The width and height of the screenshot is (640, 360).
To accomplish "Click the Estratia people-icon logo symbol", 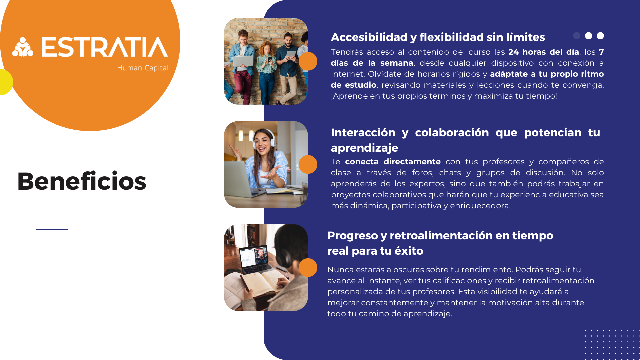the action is pyautogui.click(x=23, y=47).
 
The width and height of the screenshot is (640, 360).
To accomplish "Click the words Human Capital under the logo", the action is pyautogui.click(x=143, y=68).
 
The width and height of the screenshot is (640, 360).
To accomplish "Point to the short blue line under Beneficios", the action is pyautogui.click(x=52, y=229).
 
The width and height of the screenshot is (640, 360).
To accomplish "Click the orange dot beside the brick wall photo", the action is pyautogui.click(x=308, y=61).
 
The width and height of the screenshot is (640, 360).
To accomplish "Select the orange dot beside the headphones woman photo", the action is pyautogui.click(x=308, y=164).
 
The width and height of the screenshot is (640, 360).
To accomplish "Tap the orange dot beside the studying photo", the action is pyautogui.click(x=308, y=268).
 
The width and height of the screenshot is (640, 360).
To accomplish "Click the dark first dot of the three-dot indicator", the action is pyautogui.click(x=577, y=36).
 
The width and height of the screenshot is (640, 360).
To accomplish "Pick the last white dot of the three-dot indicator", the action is pyautogui.click(x=600, y=36).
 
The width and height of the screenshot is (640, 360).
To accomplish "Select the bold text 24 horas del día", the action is pyautogui.click(x=544, y=52).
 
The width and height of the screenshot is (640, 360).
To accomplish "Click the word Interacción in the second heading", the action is pyautogui.click(x=363, y=132).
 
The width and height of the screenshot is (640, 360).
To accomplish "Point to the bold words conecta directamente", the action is pyautogui.click(x=393, y=162).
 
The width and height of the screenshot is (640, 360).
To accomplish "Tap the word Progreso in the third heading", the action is pyautogui.click(x=353, y=236).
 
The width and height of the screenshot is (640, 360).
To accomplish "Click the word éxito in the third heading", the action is pyautogui.click(x=409, y=251).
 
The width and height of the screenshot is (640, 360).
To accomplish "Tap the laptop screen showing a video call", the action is pyautogui.click(x=254, y=257).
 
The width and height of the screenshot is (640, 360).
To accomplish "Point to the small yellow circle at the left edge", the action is pyautogui.click(x=6, y=82).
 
